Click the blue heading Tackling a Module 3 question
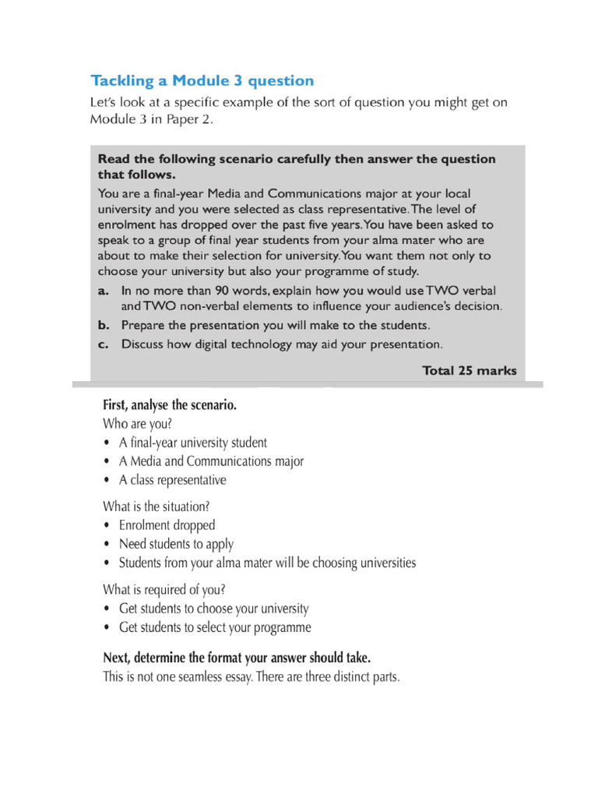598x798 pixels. pos(202,80)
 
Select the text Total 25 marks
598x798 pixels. pos(469,370)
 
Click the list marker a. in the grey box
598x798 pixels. pos(104,291)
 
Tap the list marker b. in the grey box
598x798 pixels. pos(104,324)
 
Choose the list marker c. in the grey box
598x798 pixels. pos(104,343)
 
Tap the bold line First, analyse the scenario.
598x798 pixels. pos(169,405)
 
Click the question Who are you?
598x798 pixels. pos(137,424)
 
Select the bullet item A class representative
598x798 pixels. pos(172,480)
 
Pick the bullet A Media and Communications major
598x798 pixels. pos(210,461)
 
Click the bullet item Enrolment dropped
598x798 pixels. pos(167,525)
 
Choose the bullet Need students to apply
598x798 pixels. pos(176,544)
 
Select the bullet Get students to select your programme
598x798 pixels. pos(214,627)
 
